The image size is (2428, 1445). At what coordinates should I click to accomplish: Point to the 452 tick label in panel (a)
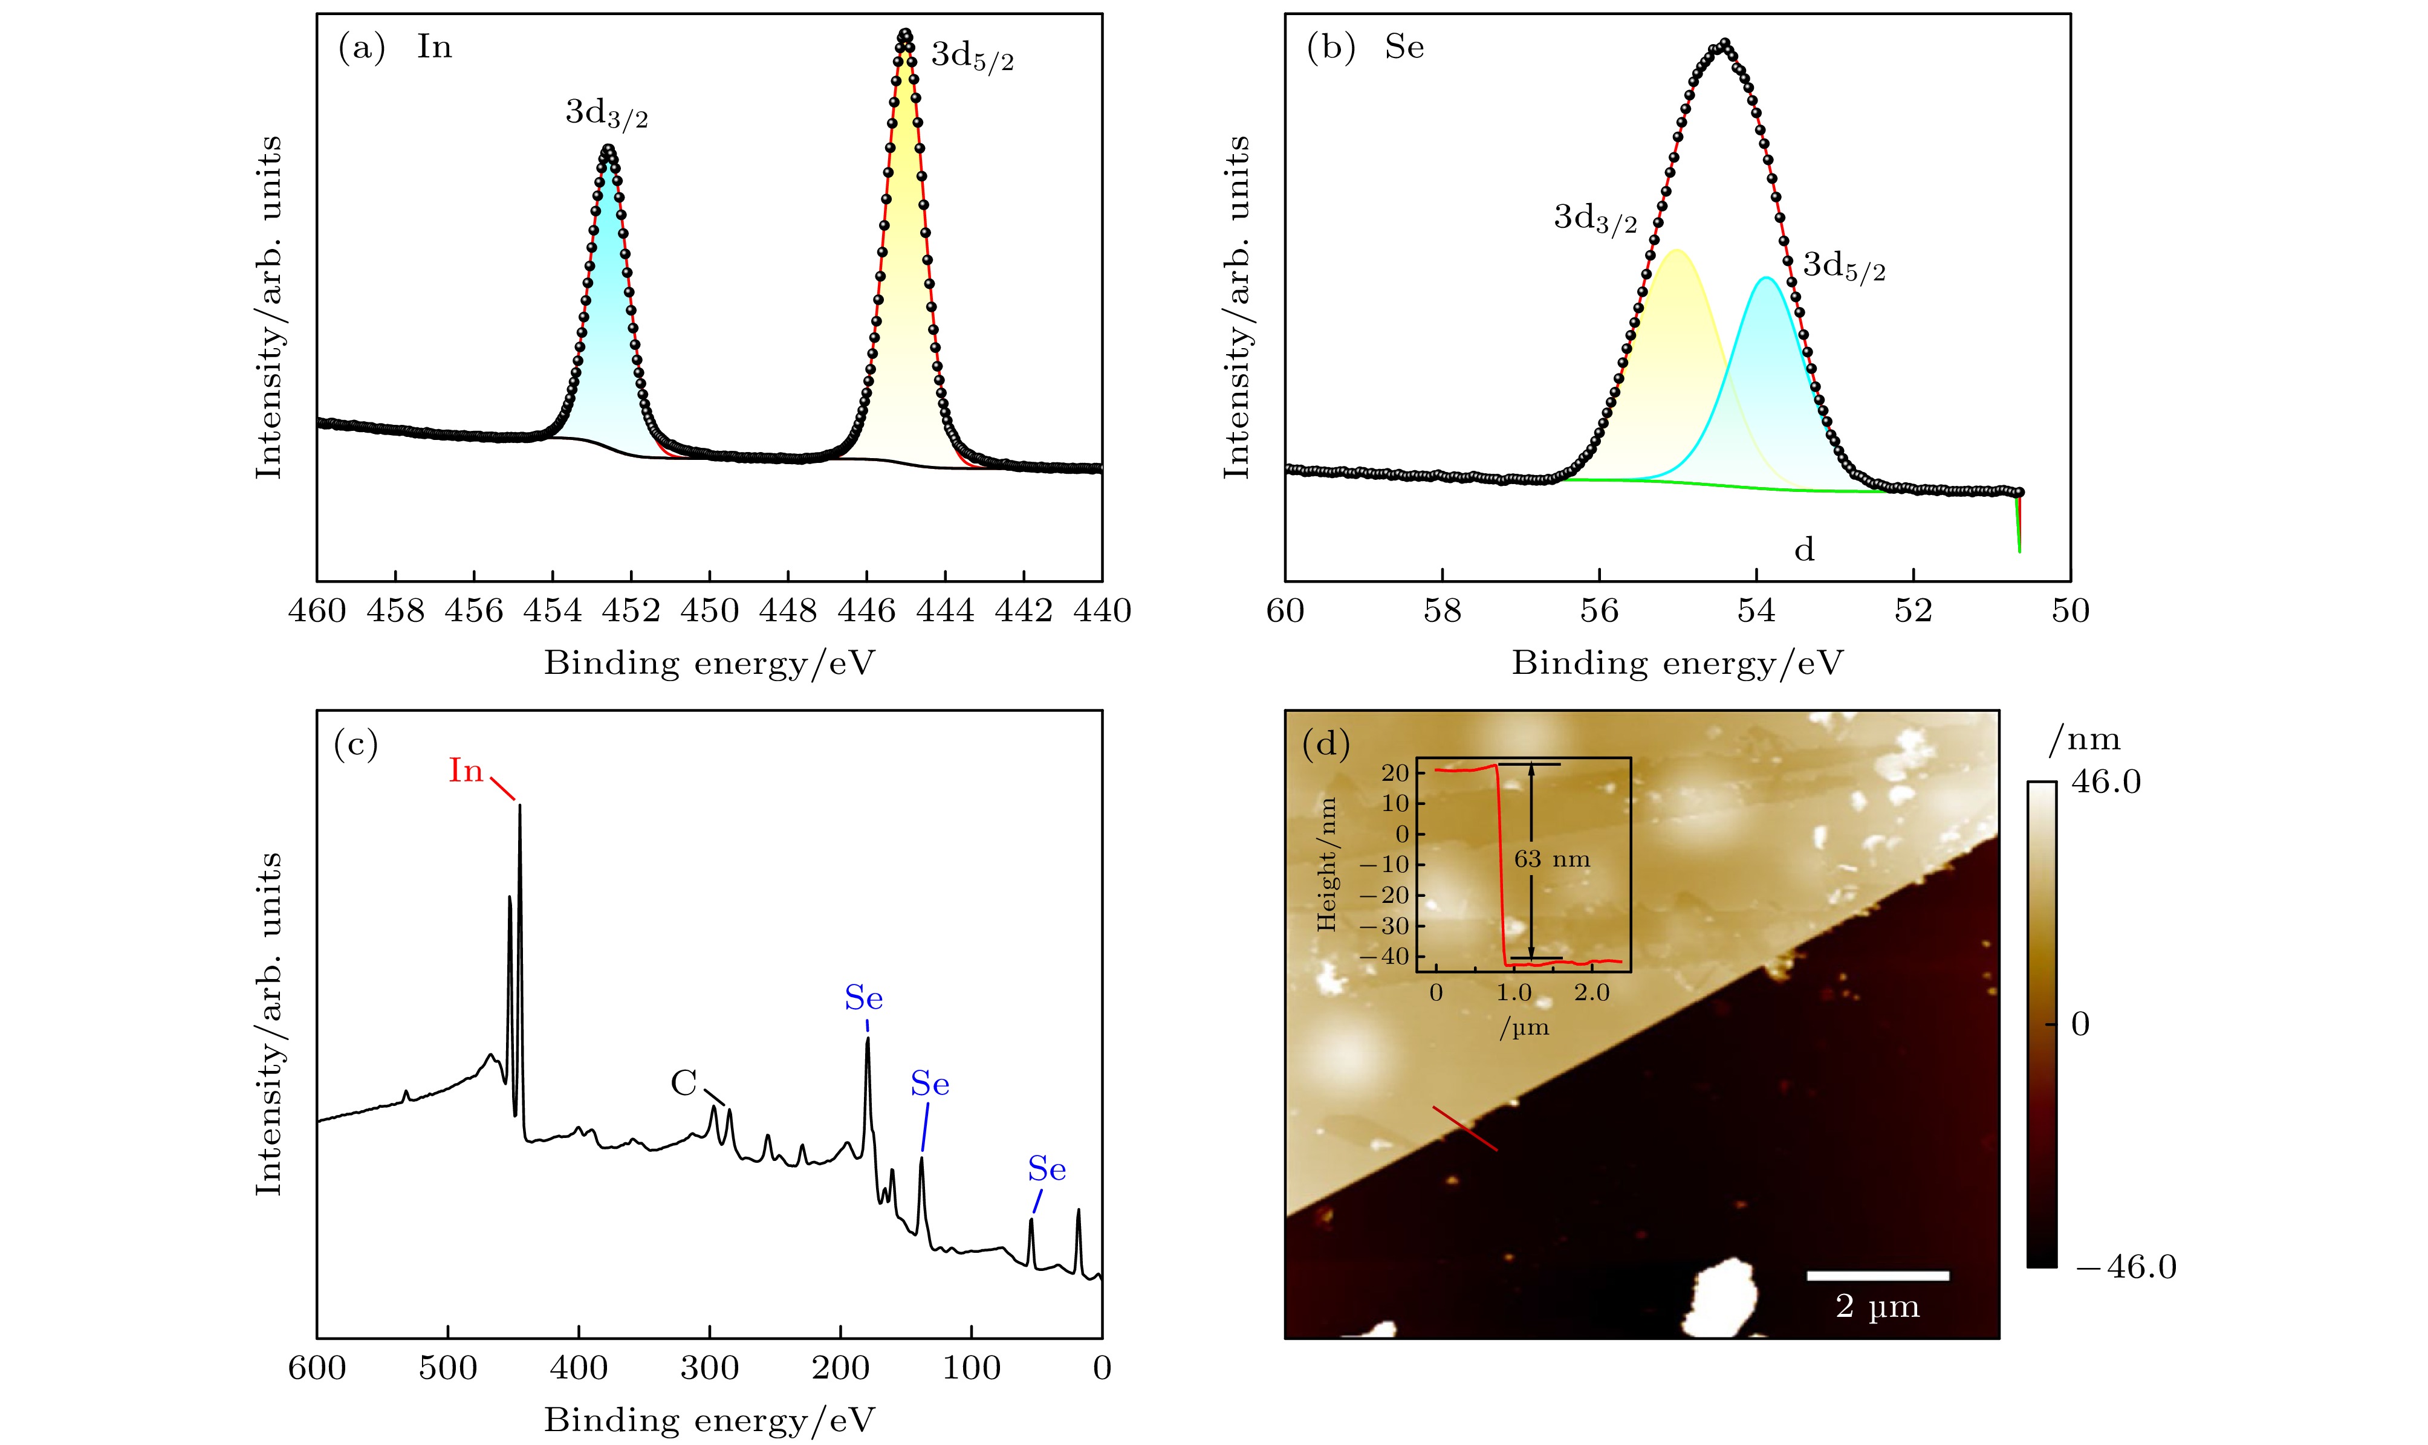(x=631, y=610)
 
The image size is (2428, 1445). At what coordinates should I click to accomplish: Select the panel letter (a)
(x=362, y=47)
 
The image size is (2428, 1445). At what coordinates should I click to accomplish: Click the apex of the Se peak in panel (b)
(x=1725, y=43)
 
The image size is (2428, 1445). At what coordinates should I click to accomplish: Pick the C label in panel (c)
(x=684, y=1083)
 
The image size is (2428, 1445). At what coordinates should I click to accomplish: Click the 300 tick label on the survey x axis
(x=709, y=1368)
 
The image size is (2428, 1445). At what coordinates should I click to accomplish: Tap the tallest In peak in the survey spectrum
(x=519, y=806)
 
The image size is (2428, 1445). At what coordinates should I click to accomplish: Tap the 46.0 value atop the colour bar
(x=2106, y=782)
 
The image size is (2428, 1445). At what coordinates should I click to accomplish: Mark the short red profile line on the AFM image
(x=1464, y=1128)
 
